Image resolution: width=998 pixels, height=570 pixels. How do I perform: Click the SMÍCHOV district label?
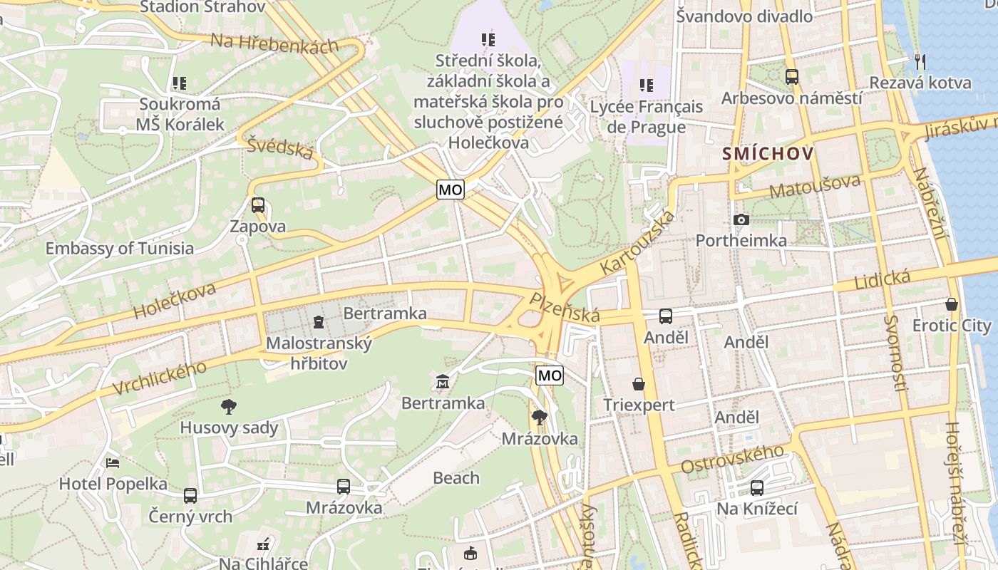(768, 153)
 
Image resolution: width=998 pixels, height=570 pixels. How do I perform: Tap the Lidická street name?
(883, 279)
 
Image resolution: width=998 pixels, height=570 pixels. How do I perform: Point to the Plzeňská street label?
(564, 307)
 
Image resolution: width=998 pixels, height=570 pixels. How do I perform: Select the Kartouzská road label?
(637, 243)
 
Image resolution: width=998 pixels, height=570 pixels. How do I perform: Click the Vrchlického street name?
(160, 378)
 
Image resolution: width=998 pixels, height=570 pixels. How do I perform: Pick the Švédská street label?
(280, 147)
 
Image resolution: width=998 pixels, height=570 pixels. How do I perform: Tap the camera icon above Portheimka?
(741, 219)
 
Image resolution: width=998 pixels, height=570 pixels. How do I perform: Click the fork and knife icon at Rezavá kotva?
(920, 62)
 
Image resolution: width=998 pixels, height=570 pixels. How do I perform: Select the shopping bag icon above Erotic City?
(951, 304)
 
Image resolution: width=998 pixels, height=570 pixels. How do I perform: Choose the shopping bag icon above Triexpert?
(639, 384)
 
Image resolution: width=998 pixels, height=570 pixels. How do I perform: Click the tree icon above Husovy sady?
(229, 407)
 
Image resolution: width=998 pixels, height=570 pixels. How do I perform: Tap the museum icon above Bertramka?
(443, 383)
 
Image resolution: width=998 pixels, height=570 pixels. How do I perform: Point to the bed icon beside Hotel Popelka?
(113, 462)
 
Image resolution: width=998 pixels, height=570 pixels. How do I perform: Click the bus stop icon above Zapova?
(257, 205)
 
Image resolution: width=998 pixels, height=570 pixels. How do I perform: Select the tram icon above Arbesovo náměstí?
(791, 76)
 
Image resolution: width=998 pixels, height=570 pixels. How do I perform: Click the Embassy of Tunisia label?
(120, 249)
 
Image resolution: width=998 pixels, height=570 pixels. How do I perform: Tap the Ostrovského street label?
(732, 459)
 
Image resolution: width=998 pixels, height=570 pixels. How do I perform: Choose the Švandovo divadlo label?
(744, 16)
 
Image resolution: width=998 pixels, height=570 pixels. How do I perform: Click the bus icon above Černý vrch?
(190, 495)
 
